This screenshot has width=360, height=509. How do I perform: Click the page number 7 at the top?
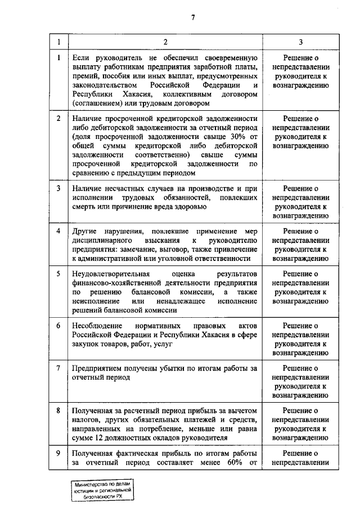[192, 17]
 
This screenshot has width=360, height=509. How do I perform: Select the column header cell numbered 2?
[165, 42]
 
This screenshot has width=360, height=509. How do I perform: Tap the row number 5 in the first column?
[58, 273]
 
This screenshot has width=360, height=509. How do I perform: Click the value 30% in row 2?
[236, 137]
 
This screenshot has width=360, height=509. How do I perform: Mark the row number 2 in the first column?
[58, 119]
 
